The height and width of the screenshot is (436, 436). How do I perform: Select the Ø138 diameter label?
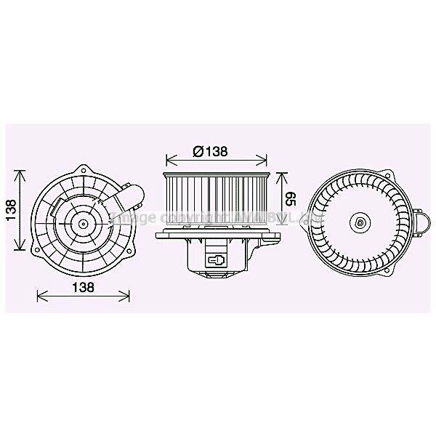211,151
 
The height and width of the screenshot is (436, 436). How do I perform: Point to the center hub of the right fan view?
359,222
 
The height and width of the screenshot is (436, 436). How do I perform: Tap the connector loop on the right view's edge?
421,223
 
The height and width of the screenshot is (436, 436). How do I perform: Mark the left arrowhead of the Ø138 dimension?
169,158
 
